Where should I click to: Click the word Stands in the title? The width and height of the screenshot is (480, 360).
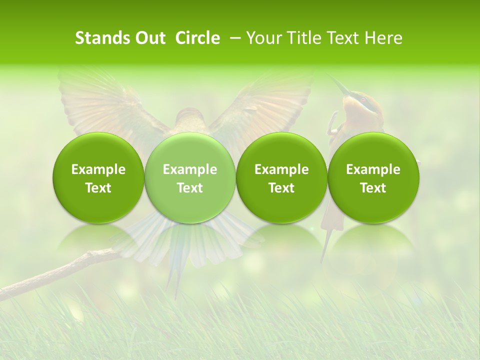[x=102, y=38]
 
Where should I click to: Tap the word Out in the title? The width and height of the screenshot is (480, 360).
[x=149, y=38]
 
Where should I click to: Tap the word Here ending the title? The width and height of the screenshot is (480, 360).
[x=384, y=38]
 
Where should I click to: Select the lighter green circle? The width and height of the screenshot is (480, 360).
[x=189, y=178]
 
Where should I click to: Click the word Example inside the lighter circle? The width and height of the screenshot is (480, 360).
[x=189, y=169]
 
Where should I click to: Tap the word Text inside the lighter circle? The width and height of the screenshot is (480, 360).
[x=189, y=188]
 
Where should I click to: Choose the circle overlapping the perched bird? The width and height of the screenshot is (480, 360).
[x=373, y=178]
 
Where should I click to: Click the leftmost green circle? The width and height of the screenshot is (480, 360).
[x=98, y=178]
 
